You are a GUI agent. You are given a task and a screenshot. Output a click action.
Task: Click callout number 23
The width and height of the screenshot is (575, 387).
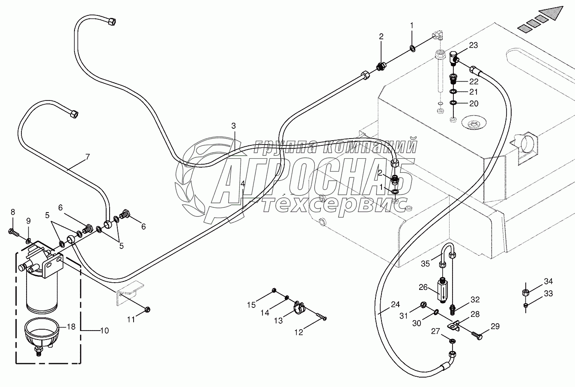coord(473,45)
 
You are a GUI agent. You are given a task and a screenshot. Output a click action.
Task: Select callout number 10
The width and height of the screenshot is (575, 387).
coord(104,331)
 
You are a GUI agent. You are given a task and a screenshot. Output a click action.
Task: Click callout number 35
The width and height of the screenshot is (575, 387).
coord(425,264)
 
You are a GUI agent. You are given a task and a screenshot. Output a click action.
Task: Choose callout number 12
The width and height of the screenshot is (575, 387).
coord(298,332)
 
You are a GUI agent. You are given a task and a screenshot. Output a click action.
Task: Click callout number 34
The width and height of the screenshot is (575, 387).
coord(548,281)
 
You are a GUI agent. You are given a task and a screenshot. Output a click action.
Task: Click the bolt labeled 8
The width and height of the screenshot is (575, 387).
coord(12,232)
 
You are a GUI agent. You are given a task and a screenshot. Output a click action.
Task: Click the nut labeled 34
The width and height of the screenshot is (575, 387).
coord(526,293)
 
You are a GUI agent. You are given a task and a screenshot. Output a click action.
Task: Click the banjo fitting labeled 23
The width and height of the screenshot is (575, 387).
coord(455,58)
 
